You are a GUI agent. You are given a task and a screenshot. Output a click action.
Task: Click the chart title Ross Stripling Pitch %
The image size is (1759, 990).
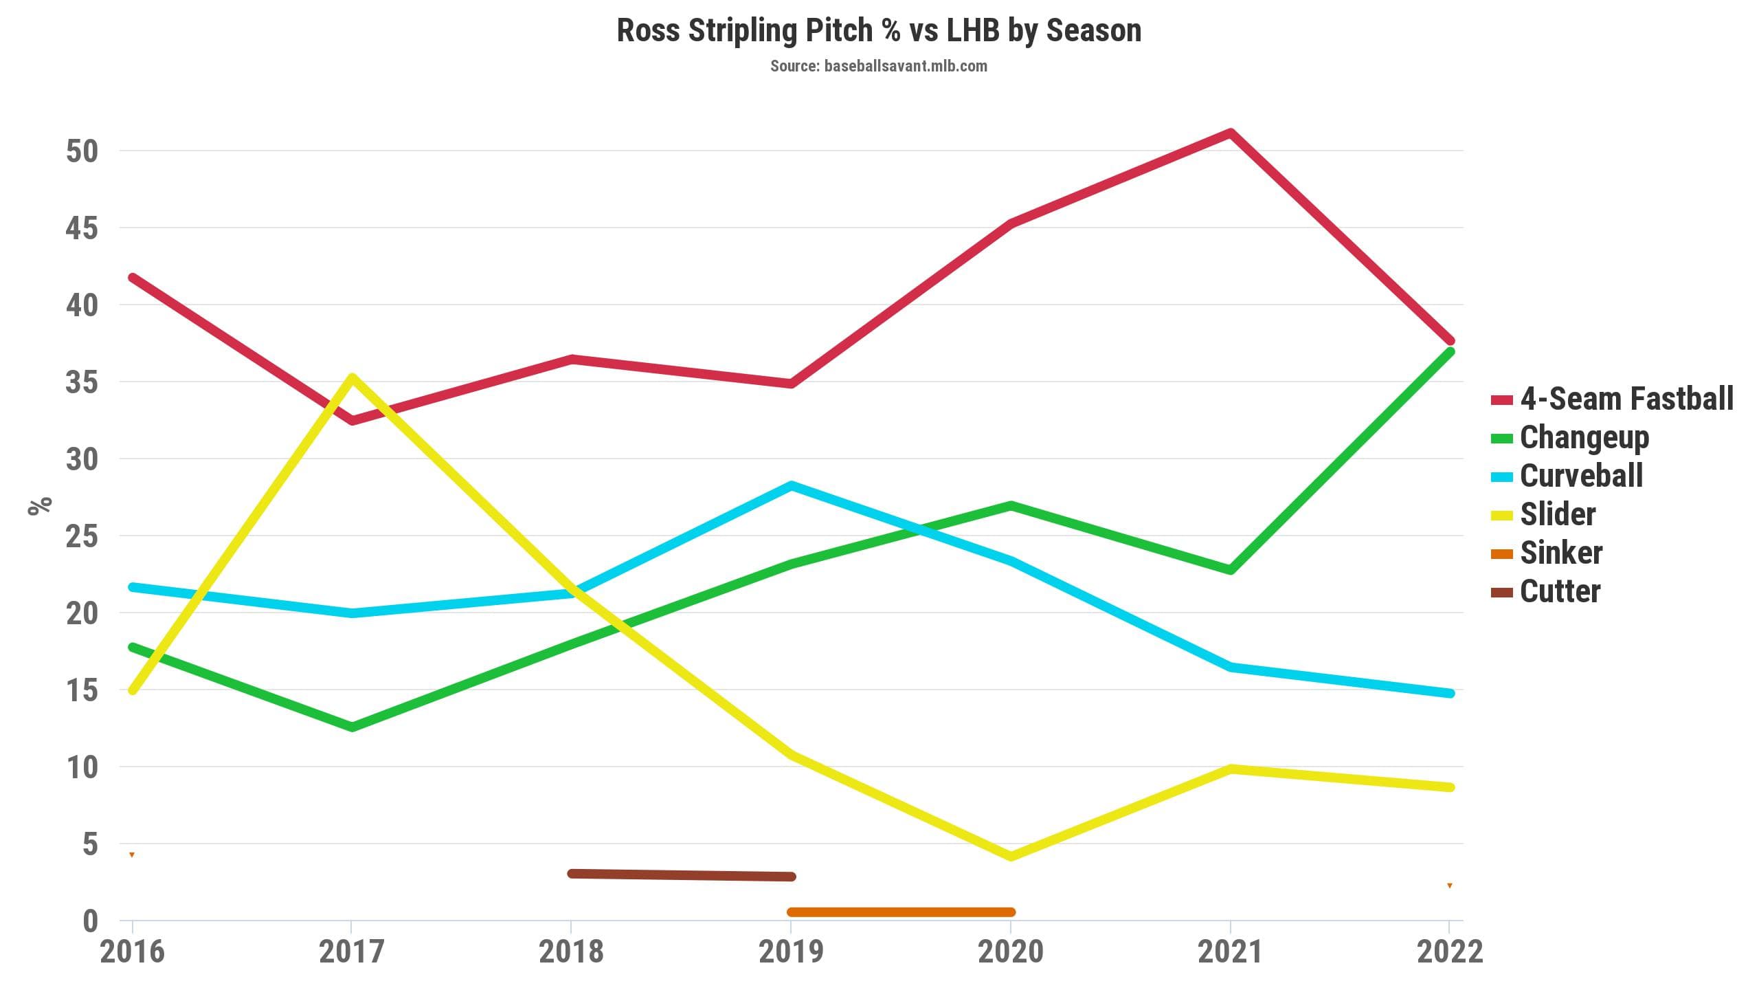[x=879, y=30]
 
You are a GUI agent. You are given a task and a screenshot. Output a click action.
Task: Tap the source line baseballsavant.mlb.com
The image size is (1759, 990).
[x=878, y=66]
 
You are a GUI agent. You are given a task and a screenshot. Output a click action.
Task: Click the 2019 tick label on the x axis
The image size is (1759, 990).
[x=791, y=952]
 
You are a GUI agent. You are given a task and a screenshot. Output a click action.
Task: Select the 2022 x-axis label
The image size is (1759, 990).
[x=1450, y=952]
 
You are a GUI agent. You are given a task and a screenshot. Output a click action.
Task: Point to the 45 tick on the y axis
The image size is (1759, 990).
[x=82, y=228]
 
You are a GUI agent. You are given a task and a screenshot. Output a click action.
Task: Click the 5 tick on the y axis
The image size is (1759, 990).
[x=90, y=844]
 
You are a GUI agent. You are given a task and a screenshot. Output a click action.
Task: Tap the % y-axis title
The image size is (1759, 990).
[x=40, y=505]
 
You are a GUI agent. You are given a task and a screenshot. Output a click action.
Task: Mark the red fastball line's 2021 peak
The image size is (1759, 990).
[x=1231, y=133]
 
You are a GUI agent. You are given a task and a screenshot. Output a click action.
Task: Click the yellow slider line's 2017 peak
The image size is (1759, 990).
[x=352, y=377]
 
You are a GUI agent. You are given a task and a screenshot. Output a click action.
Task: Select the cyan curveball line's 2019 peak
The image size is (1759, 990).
[x=792, y=485]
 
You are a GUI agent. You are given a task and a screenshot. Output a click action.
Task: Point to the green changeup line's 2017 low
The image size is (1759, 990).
[x=352, y=727]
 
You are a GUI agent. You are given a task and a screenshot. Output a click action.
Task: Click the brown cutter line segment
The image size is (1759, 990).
[x=682, y=875]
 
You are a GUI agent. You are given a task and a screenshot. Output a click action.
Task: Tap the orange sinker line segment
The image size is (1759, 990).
[x=901, y=912]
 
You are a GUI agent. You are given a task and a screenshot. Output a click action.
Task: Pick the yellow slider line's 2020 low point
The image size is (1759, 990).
[x=1011, y=856]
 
